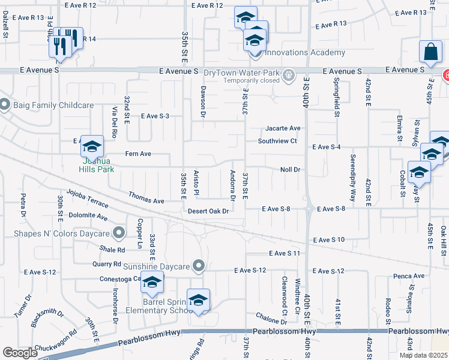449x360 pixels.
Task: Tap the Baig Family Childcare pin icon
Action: [4, 105]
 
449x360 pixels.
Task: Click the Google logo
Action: [20, 353]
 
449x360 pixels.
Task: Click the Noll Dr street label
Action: [289, 170]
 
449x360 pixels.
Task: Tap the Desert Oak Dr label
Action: [208, 211]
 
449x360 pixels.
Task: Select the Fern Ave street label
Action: [138, 154]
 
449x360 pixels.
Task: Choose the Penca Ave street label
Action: [410, 276]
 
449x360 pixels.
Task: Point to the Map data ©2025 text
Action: [423, 355]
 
